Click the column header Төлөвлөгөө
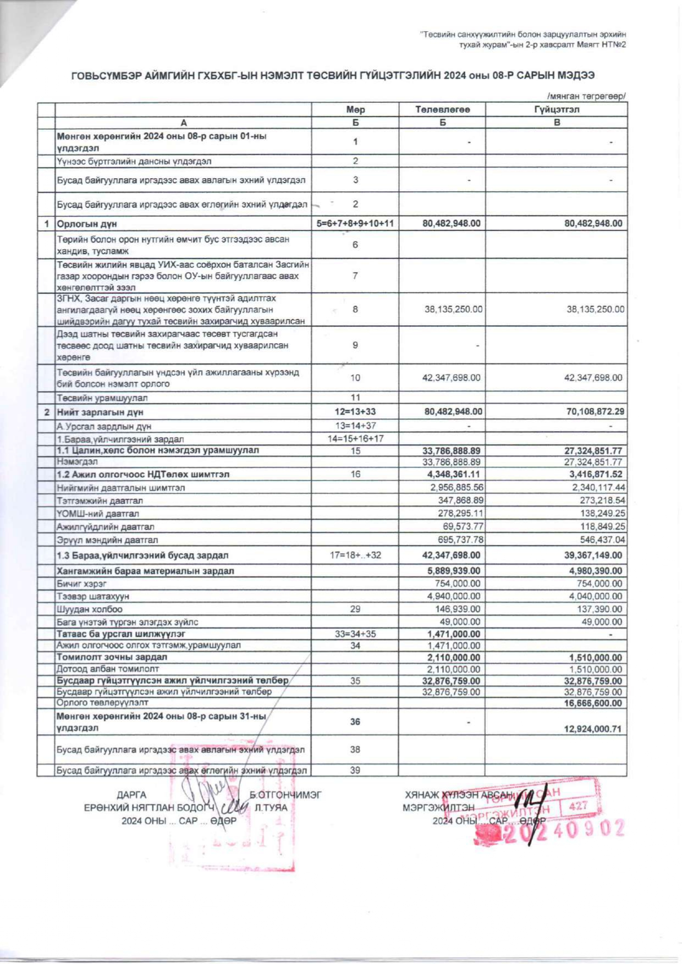tap(442, 109)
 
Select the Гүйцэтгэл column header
tap(557, 109)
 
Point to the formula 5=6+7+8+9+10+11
tap(355, 224)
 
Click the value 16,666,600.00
tap(593, 703)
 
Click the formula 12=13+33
tap(355, 412)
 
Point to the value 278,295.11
tap(460, 514)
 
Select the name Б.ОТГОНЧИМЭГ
tap(285, 795)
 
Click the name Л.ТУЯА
tap(271, 808)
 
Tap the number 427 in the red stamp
tap(579, 806)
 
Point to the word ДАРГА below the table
tap(131, 795)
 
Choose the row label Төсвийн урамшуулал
tap(102, 398)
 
